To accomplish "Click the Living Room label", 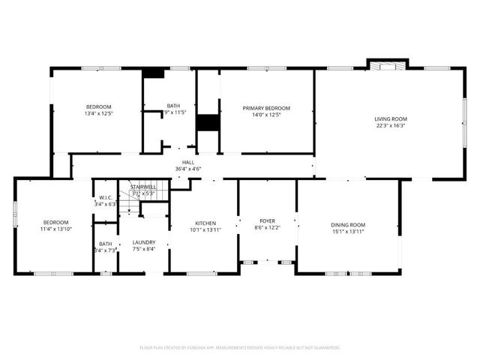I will [x=390, y=118].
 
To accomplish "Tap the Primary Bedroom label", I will [x=266, y=108].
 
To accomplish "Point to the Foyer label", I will [x=266, y=220].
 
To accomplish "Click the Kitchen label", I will [x=205, y=223].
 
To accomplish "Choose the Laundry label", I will [x=143, y=242].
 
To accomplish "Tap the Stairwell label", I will [x=142, y=186].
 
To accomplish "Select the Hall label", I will [x=187, y=162].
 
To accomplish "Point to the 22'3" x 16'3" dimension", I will [x=390, y=126].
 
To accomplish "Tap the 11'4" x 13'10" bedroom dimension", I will [x=55, y=229].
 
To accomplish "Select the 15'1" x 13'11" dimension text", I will [x=347, y=232].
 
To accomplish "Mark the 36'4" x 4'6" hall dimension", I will [x=187, y=169].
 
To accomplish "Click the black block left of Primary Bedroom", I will [x=205, y=124].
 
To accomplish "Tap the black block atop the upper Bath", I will [x=154, y=73].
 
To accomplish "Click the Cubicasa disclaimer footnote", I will [x=240, y=347].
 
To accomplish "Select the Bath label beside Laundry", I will [x=105, y=244].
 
